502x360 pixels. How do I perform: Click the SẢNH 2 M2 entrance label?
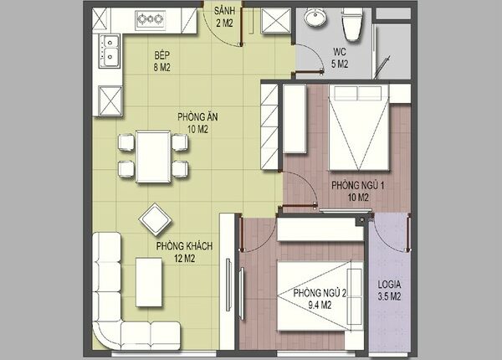(224, 17)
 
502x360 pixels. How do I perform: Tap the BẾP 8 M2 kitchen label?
(162, 61)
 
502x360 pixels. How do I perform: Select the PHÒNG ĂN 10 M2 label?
(197, 123)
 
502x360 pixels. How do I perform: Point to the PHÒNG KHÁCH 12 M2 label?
(184, 252)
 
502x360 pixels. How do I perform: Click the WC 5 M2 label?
(340, 58)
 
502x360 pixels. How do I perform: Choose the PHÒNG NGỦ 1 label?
(357, 186)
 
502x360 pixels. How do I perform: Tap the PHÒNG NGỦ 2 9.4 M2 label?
(320, 299)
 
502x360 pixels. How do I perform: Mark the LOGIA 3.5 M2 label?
(389, 291)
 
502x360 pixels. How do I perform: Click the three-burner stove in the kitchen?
(150, 20)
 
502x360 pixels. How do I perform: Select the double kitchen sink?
(110, 51)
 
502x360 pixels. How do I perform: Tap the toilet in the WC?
(352, 24)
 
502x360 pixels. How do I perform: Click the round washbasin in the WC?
(315, 17)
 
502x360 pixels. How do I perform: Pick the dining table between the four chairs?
(153, 157)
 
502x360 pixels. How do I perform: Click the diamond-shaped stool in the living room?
(156, 220)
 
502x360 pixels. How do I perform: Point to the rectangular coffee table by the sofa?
(149, 282)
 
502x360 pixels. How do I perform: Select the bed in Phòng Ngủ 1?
(359, 127)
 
